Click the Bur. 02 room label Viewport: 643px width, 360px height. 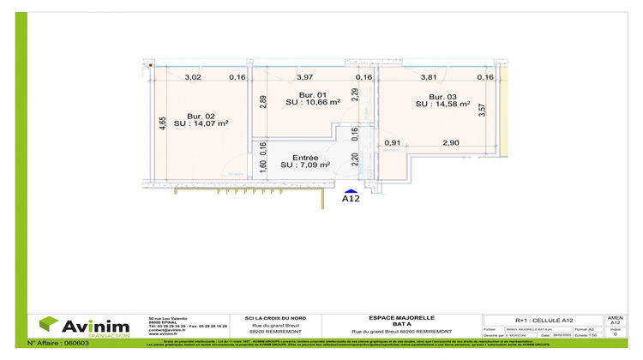point(201,117)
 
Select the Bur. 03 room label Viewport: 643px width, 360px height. point(442,96)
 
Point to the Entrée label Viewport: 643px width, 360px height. point(305,158)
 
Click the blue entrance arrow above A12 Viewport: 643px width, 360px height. point(350,192)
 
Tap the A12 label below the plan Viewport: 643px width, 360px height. point(350,201)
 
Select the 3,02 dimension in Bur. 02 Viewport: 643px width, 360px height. point(193,77)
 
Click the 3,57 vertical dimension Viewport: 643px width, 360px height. point(482,111)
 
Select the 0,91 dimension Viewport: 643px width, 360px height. point(393,142)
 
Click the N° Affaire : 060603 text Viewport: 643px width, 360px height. point(58,342)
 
